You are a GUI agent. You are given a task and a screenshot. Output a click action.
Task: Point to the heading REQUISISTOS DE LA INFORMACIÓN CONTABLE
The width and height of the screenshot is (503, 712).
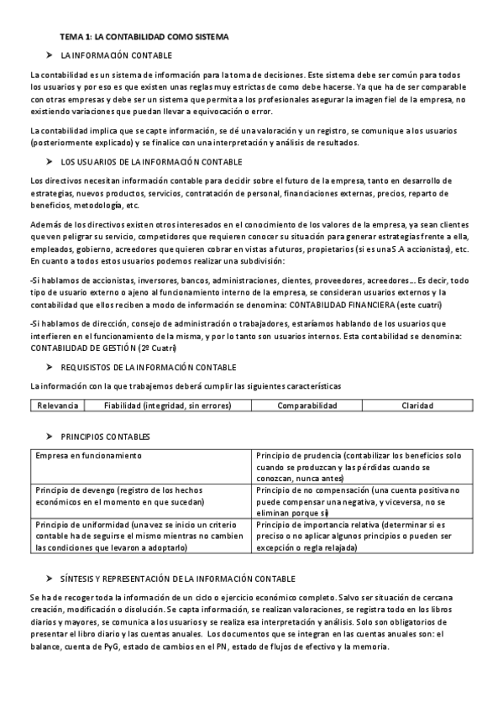(149, 367)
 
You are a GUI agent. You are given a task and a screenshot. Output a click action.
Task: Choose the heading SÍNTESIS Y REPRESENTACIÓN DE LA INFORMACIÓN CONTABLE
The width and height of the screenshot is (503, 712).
(178, 578)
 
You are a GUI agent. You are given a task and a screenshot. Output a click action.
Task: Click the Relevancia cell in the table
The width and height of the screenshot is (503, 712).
(58, 406)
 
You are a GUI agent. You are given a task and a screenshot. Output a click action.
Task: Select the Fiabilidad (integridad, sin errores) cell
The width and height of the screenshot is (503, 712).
(168, 406)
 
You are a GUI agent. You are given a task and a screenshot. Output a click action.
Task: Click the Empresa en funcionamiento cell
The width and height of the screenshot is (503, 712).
(88, 454)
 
